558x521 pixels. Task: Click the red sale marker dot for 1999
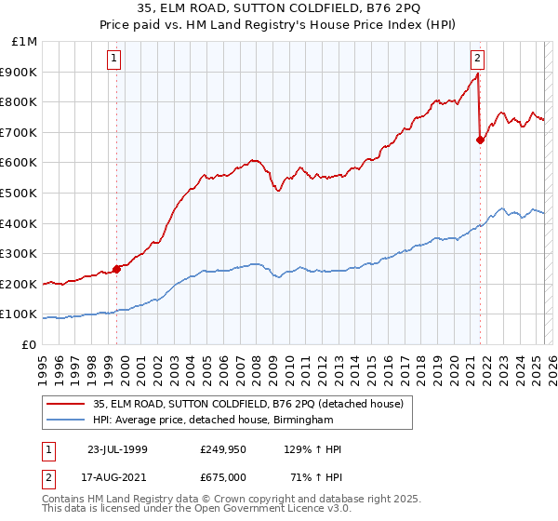tap(117, 269)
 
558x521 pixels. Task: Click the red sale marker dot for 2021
tap(481, 140)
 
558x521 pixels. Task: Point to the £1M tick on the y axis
tap(25, 42)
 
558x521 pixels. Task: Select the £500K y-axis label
tap(20, 193)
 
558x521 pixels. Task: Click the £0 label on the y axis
tap(29, 344)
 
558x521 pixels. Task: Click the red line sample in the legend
tap(67, 404)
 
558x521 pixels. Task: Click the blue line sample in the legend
tap(67, 421)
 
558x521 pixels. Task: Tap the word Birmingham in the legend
tap(299, 421)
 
